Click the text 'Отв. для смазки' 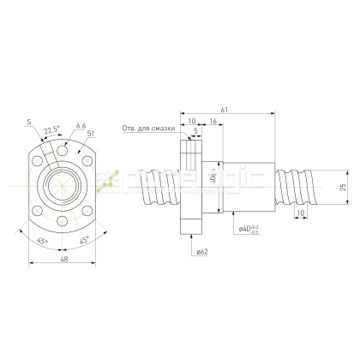(x=149, y=129)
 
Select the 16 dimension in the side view (x=211, y=123)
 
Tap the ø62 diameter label (x=202, y=252)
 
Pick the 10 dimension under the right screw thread (x=299, y=211)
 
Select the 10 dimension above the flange (x=190, y=123)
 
